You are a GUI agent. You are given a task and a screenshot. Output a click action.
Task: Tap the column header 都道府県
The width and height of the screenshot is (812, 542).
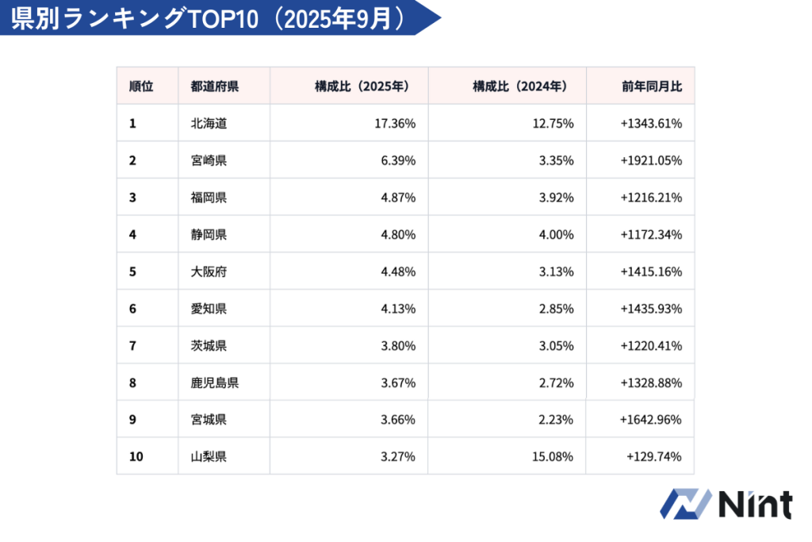pos(214,86)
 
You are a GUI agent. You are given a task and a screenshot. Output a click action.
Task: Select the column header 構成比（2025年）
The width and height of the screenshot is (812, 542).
pos(362,86)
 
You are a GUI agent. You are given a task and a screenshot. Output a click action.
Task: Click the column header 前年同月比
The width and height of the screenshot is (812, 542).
pos(652,86)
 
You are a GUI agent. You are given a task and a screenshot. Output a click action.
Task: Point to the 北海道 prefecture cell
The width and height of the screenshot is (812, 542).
pos(209,124)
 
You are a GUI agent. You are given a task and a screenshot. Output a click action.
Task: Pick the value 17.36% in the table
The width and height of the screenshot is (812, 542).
pos(394,124)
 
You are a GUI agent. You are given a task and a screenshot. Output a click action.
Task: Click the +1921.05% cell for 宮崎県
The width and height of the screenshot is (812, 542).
pos(652,160)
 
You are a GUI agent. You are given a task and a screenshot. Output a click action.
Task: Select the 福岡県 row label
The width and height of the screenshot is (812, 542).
pos(209,198)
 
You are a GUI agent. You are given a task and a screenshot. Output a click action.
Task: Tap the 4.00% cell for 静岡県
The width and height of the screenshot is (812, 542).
pos(556,234)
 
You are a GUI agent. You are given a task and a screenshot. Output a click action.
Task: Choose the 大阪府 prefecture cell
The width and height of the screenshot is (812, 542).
pos(209,271)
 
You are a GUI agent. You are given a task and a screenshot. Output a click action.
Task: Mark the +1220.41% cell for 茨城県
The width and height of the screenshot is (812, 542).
pos(652,345)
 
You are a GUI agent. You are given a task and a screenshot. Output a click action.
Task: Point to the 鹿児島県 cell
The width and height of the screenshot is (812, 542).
pos(214,382)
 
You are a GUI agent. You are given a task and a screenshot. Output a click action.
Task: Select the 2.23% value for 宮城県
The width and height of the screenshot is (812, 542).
pos(556,419)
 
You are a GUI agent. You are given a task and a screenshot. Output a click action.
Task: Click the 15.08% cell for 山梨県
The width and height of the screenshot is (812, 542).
pos(553,456)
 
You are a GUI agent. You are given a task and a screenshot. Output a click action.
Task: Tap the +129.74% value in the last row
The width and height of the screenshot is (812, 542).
pos(654,456)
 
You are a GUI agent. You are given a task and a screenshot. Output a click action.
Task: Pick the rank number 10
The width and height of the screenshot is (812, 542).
pos(136,456)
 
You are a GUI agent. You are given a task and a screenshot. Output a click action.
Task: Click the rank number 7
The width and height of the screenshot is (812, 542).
pos(132,345)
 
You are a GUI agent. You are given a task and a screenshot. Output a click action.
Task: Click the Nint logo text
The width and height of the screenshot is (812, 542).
pos(754,505)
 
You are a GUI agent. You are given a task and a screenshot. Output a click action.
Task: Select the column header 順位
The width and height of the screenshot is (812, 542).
pos(141,86)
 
